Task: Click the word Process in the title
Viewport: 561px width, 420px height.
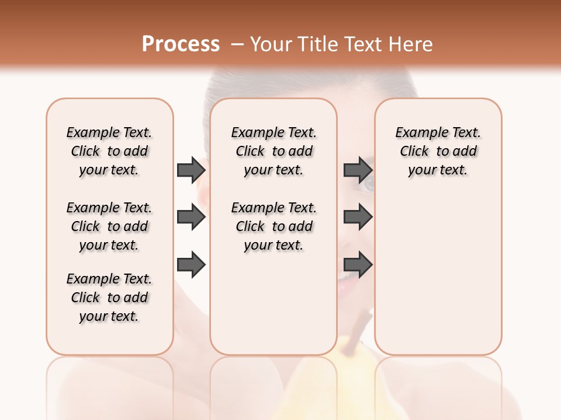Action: (x=181, y=44)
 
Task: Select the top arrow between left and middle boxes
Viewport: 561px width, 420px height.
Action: (x=191, y=170)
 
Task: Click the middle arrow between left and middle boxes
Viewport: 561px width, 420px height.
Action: (x=191, y=218)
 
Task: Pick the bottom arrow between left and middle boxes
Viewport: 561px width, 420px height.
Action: (x=191, y=265)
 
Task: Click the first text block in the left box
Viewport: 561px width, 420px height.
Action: (x=109, y=151)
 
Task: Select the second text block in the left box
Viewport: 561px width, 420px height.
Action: (x=109, y=226)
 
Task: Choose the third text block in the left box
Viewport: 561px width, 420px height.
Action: (x=109, y=297)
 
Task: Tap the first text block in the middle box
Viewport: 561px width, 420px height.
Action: (x=274, y=151)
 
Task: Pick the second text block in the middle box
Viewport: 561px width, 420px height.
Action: (x=274, y=226)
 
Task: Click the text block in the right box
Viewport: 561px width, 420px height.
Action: (x=438, y=151)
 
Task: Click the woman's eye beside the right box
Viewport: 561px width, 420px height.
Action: (x=368, y=185)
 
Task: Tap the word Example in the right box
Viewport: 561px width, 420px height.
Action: (x=418, y=133)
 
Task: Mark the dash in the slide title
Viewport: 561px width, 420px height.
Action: (x=237, y=44)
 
